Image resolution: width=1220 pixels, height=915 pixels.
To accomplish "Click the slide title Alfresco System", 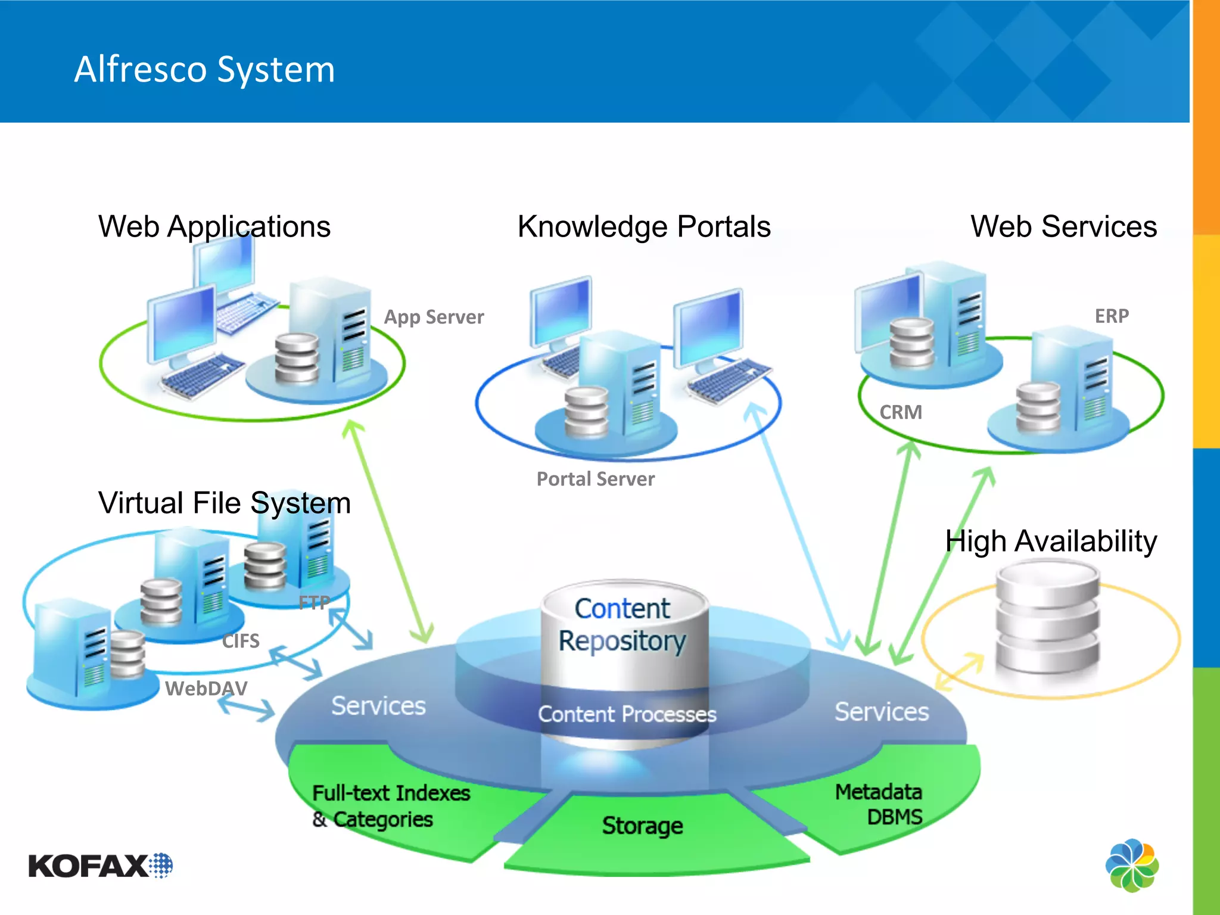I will (x=204, y=70).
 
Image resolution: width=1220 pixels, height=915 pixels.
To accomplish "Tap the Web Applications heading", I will (x=214, y=227).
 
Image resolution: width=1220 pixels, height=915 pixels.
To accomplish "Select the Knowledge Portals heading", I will (x=644, y=227).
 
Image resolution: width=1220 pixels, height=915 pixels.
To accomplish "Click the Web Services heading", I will (x=1063, y=227).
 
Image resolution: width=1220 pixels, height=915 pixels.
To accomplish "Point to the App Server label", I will (x=434, y=317).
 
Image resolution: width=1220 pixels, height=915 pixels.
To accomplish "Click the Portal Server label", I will (x=595, y=479).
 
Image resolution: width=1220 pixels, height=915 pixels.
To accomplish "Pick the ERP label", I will (x=1112, y=316).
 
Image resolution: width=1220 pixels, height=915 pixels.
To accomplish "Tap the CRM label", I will (x=901, y=412).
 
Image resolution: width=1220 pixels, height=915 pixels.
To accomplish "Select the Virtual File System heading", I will (x=225, y=503).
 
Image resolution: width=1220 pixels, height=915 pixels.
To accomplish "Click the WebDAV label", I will (x=206, y=689).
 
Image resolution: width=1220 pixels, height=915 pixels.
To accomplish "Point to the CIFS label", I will (x=241, y=641).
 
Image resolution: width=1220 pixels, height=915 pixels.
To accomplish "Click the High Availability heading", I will (x=1051, y=541).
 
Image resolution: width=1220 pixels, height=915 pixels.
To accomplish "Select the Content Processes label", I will (x=627, y=714).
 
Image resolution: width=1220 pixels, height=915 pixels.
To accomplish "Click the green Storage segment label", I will (x=642, y=826).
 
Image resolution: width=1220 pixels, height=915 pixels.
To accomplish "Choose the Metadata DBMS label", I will (x=880, y=804).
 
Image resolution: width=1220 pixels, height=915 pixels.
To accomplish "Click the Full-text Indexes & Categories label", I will (x=390, y=806).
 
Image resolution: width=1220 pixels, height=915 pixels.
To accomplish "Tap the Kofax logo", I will (x=100, y=866).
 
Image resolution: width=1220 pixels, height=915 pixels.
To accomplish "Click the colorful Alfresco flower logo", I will (x=1132, y=865).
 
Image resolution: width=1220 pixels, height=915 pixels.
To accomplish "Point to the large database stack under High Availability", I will (x=1047, y=620).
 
